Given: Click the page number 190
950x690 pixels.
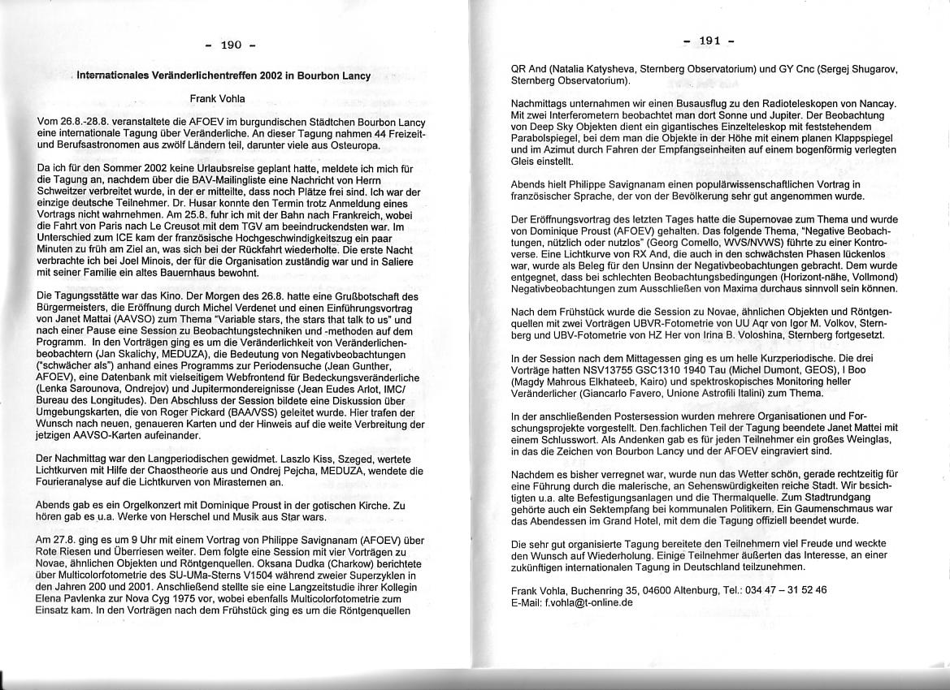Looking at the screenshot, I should coord(232,45).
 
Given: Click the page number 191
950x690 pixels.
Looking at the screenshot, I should coord(709,41).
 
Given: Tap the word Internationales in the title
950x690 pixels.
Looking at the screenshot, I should coord(116,76).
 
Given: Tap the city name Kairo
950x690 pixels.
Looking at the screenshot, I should coord(647,381).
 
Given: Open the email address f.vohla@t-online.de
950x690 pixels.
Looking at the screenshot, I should coord(583,602).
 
